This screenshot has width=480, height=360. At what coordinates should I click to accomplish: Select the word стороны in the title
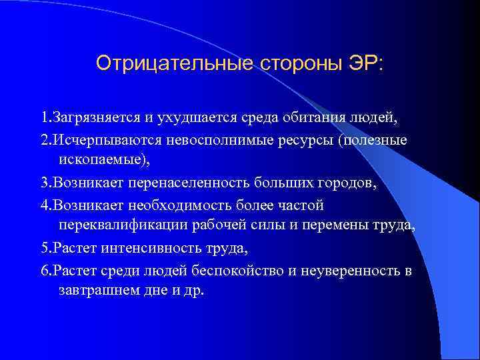coord(296,63)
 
